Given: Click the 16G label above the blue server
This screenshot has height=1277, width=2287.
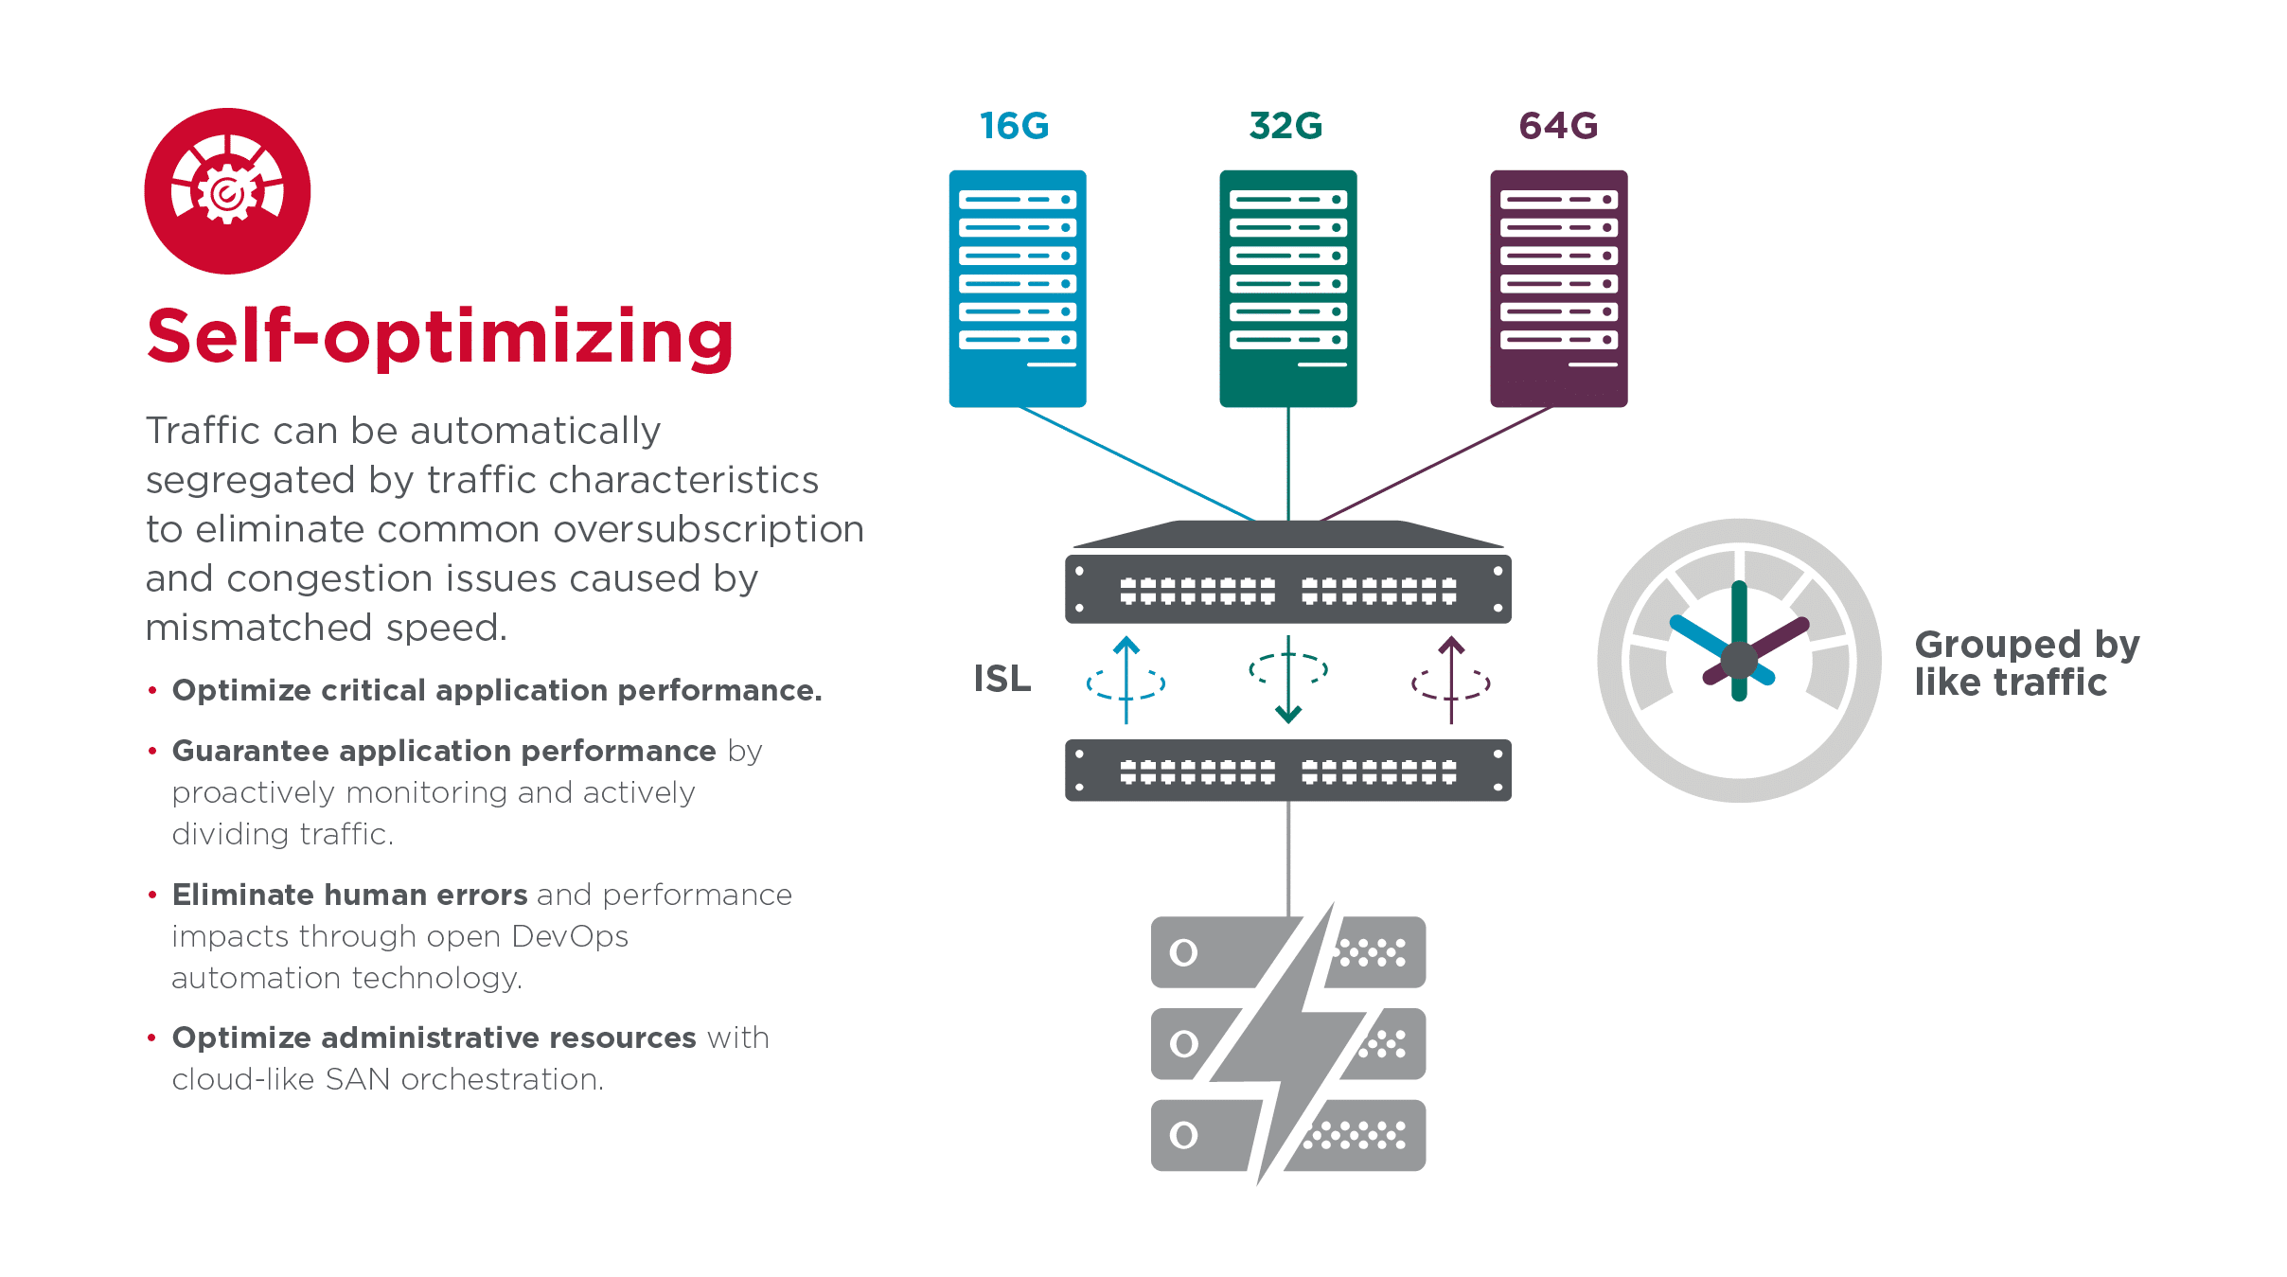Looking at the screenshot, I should click(x=1014, y=126).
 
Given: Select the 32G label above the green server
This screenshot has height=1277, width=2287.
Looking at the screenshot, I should click(x=1285, y=126).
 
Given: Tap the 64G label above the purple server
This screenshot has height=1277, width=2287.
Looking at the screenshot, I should click(x=1558, y=126).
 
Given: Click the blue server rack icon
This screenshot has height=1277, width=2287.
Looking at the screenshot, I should click(x=1018, y=288).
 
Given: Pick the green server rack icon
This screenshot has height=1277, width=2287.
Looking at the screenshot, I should click(x=1287, y=288).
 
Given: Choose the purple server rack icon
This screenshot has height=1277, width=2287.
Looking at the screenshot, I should click(x=1558, y=288).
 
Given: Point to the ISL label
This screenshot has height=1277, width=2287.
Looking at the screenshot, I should click(x=1002, y=679).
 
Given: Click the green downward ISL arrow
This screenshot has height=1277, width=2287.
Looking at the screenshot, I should click(x=1288, y=680).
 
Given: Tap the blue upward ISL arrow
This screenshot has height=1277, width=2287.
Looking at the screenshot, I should click(x=1126, y=680).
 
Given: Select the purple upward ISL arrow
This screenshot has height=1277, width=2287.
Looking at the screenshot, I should click(x=1451, y=680).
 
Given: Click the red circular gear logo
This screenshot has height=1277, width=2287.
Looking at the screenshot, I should click(x=227, y=191).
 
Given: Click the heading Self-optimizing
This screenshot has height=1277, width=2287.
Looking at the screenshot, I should click(x=440, y=337).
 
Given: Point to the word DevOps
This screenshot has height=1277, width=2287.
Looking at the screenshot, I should click(x=569, y=936).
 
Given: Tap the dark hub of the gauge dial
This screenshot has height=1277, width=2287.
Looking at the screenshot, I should click(x=1739, y=660).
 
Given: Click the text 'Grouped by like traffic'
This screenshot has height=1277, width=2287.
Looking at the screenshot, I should click(x=2026, y=663).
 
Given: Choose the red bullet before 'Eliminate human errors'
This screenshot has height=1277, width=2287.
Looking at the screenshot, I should click(x=152, y=895).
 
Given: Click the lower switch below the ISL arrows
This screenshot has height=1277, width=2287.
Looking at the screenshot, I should click(x=1287, y=771).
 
